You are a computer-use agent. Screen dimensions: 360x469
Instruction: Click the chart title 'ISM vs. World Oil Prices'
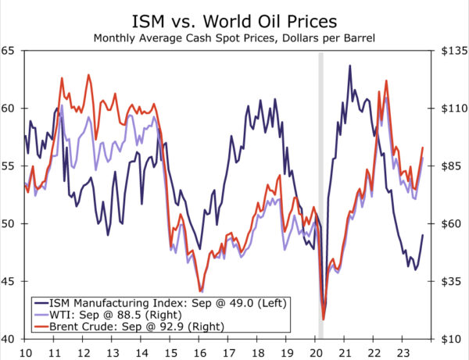click(234, 19)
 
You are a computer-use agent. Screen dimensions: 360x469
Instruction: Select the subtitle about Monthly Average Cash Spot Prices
click(234, 37)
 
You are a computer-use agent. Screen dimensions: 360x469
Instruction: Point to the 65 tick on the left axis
click(9, 51)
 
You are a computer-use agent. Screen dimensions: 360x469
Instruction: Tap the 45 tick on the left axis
click(9, 281)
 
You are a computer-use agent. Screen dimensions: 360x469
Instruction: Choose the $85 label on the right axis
click(453, 166)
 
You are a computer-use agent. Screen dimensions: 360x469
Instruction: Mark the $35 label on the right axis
click(453, 282)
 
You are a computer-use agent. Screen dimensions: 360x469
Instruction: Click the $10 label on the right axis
click(453, 339)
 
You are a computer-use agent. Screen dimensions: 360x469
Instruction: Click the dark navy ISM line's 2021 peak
click(350, 66)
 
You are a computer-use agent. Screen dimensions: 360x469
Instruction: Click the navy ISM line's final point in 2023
click(423, 235)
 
